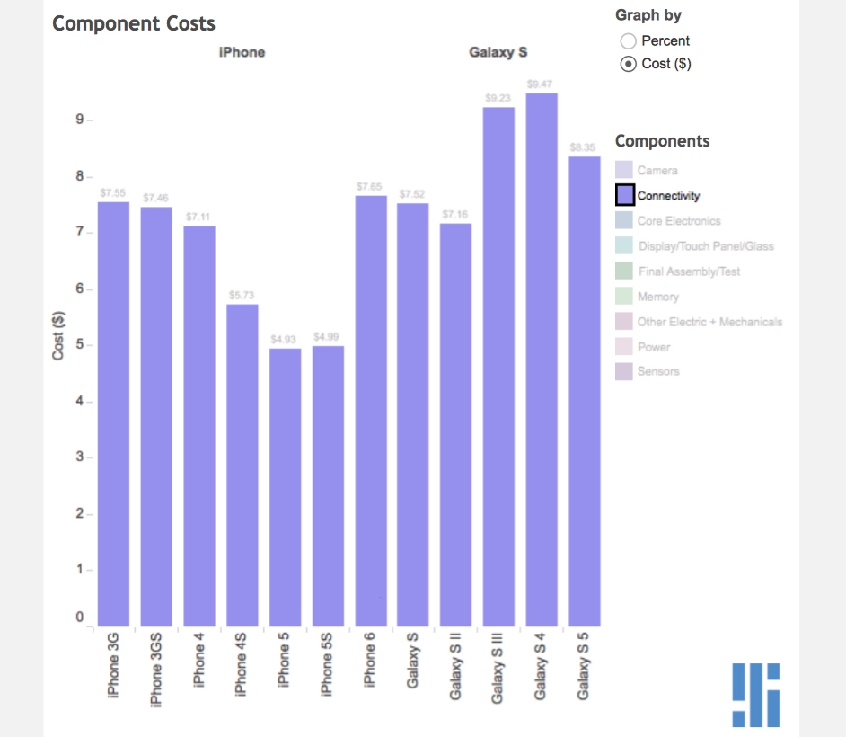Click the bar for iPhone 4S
tap(242, 465)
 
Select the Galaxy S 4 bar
tap(542, 360)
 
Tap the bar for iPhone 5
tap(285, 486)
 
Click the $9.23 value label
tap(498, 97)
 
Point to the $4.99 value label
tap(328, 336)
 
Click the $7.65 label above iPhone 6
tap(370, 186)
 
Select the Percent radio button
tap(629, 40)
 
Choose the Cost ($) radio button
tap(629, 64)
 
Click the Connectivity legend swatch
tap(625, 195)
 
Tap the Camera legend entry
tap(657, 170)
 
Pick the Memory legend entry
tap(658, 297)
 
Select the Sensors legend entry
tap(658, 371)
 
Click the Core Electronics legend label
tap(679, 220)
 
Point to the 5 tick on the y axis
tap(79, 345)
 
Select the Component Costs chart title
tap(134, 23)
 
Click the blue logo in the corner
tap(755, 695)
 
